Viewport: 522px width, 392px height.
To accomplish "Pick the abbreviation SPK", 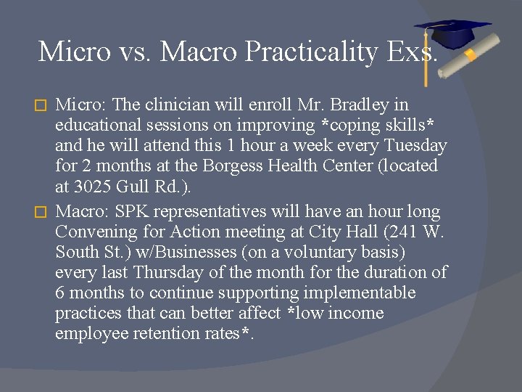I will (x=136, y=212).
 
